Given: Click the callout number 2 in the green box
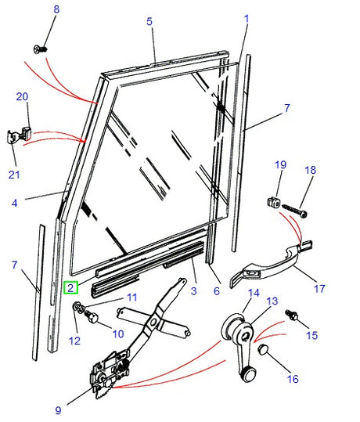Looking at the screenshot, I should point(71,287).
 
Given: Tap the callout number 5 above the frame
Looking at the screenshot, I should point(149,22).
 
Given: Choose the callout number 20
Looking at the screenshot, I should point(22,96).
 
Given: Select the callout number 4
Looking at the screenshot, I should point(14,204).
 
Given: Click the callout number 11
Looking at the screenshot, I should point(131,297).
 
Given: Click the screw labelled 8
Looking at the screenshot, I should point(40,49).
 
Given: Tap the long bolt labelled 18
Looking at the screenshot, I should point(294,209).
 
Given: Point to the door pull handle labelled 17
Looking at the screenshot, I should point(271,262).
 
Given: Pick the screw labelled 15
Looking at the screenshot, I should point(293,316).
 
